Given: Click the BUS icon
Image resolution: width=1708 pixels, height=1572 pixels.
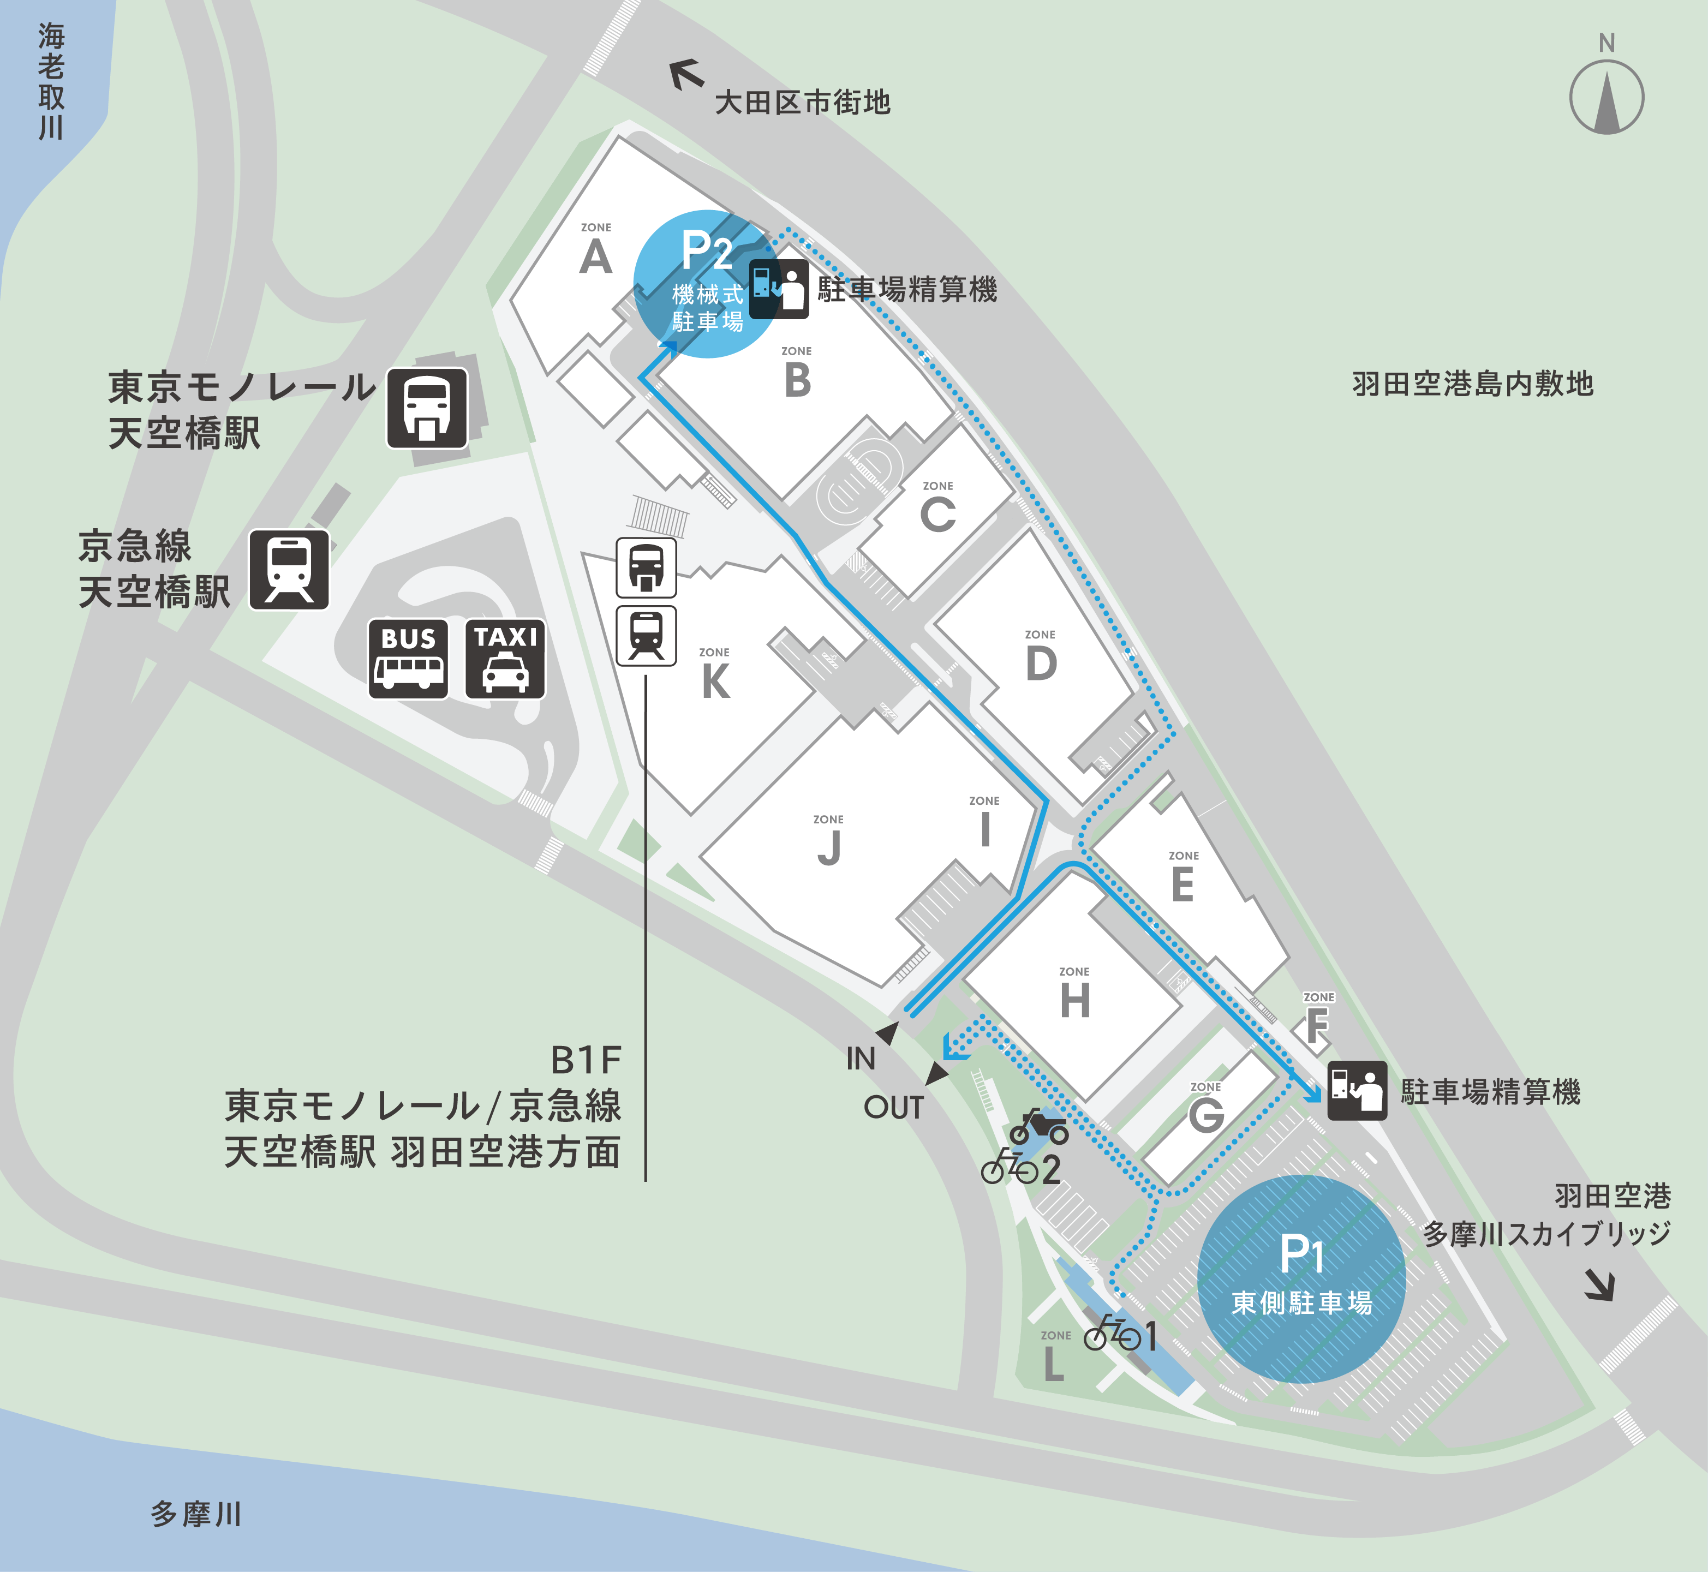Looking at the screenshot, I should pos(408,659).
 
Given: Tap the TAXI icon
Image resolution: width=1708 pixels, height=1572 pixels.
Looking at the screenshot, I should pos(505,659).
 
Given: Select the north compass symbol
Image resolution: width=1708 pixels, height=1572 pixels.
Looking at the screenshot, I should pos(1606,95).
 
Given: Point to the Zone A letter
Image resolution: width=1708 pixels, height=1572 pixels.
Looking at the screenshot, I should pos(595,256).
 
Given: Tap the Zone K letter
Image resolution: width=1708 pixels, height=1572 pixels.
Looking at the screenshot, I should pos(715,682).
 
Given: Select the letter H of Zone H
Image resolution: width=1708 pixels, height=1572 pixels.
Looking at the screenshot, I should pos(1075,1000).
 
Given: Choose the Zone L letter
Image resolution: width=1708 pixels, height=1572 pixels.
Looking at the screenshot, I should pos(1054,1365).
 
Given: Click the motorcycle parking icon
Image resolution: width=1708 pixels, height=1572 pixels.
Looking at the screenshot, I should pos(1038,1127).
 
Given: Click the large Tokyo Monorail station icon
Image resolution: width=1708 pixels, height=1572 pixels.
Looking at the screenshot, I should pos(427,408).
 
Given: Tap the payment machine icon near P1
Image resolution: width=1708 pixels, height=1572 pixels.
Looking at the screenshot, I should pos(1357,1091).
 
